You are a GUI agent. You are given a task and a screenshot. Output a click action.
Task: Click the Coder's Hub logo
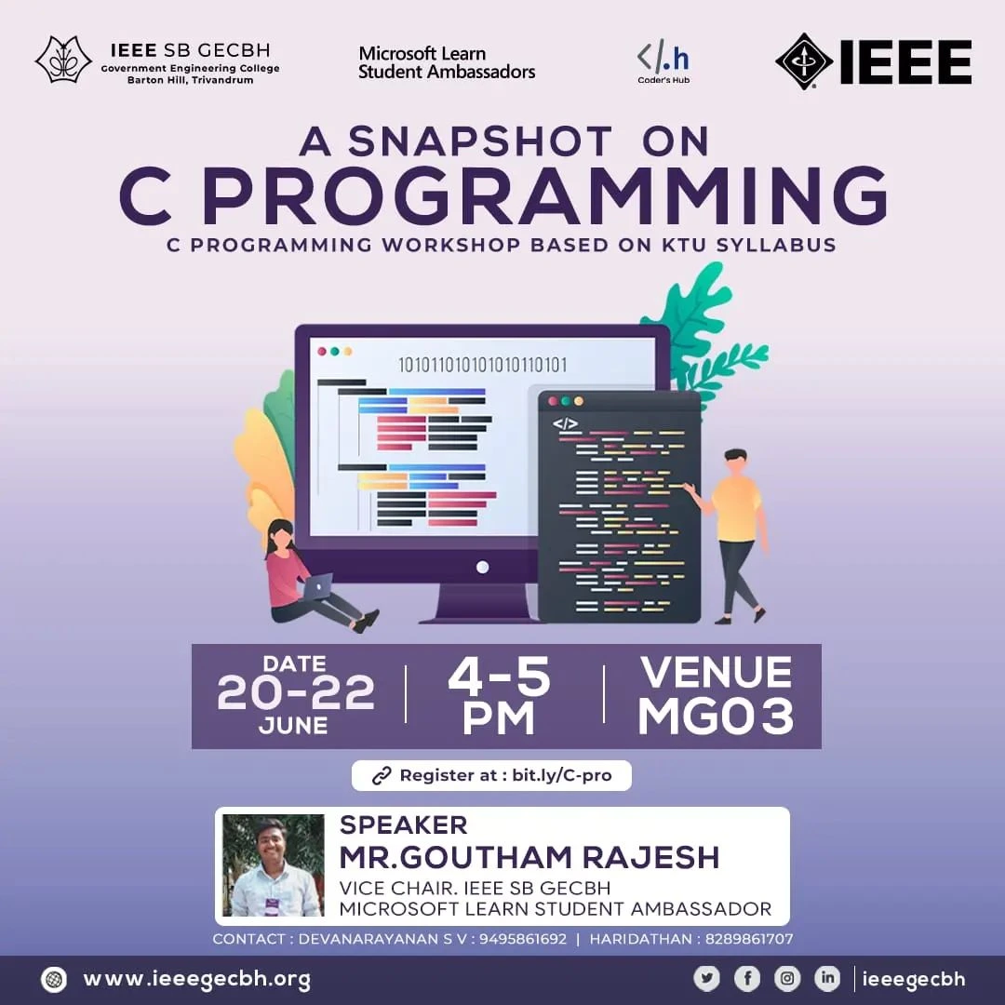click(663, 63)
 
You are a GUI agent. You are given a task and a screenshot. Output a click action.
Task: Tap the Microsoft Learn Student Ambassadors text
click(447, 62)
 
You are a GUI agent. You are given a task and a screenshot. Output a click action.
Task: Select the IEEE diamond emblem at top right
click(804, 61)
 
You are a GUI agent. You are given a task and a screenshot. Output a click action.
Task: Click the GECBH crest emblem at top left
click(63, 60)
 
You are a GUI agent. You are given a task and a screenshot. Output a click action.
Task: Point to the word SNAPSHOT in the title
click(480, 141)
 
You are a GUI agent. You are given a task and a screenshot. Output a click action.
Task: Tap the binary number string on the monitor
click(483, 365)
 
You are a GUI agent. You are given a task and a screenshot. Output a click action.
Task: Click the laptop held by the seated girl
click(317, 586)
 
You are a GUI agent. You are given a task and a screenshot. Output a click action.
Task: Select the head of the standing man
click(736, 462)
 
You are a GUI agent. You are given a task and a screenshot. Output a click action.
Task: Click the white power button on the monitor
click(483, 567)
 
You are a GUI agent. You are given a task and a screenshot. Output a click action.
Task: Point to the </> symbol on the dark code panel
click(565, 423)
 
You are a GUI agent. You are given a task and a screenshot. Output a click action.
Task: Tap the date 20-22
click(296, 692)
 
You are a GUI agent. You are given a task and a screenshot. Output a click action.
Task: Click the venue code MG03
click(716, 716)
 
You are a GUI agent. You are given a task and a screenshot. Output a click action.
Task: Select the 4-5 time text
click(499, 677)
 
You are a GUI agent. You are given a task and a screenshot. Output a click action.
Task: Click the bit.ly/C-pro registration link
click(562, 775)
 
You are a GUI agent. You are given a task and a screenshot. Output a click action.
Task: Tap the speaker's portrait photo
click(273, 865)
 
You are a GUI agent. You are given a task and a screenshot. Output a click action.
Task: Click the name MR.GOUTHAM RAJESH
click(529, 857)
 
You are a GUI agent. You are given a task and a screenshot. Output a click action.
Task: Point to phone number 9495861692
click(523, 939)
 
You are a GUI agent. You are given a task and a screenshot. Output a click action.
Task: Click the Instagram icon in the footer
click(787, 978)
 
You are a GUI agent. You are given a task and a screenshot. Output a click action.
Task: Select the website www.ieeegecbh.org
click(196, 979)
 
